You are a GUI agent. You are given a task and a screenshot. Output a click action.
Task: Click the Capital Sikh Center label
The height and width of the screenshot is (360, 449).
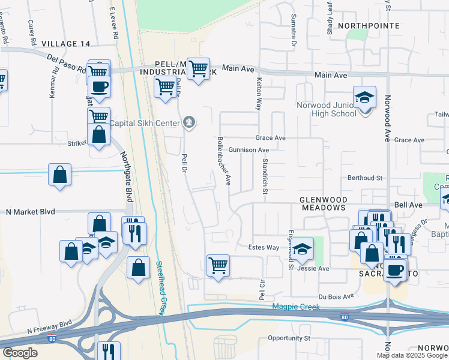pyautogui.click(x=145, y=124)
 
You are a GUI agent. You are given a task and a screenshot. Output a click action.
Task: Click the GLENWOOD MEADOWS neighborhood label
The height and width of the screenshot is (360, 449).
pyautogui.click(x=323, y=203)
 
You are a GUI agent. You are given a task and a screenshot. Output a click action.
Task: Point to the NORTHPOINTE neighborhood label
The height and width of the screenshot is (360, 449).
pyautogui.click(x=369, y=26)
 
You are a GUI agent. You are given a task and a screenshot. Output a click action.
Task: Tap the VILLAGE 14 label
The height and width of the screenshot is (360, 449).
pyautogui.click(x=66, y=44)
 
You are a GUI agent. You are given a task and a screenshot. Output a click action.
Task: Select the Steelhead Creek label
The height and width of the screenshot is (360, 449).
pyautogui.click(x=160, y=288)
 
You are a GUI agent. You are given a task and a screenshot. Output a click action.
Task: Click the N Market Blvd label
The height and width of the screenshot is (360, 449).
pyautogui.click(x=30, y=212)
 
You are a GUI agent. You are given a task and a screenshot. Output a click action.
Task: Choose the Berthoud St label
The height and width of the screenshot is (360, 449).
pyautogui.click(x=365, y=178)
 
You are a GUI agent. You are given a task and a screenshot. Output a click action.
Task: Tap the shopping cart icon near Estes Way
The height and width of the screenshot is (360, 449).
pyautogui.click(x=218, y=265)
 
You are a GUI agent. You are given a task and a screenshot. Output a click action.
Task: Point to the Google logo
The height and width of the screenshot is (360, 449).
pyautogui.click(x=20, y=353)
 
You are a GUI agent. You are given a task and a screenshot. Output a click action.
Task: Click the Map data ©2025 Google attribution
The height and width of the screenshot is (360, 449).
pyautogui.click(x=412, y=355)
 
